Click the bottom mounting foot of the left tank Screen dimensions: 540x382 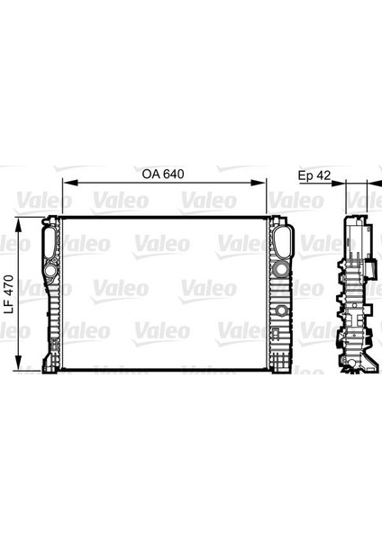47,364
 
